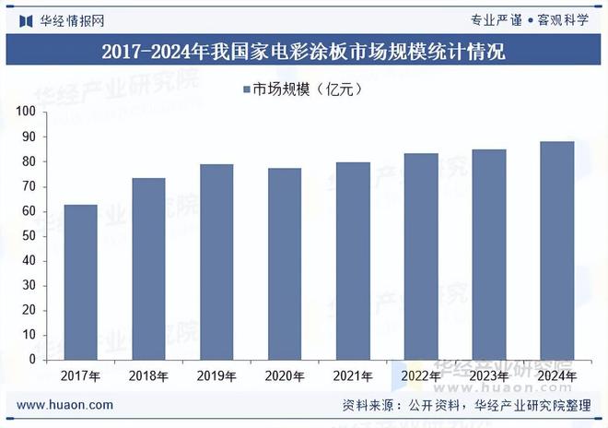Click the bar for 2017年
click(80, 282)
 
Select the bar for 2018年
click(148, 268)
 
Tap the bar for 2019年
click(216, 262)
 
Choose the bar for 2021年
click(353, 261)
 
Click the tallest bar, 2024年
click(556, 251)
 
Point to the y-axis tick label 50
click(29, 236)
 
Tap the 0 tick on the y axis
click(31, 360)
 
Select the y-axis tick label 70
click(29, 186)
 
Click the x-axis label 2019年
click(216, 376)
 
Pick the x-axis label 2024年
click(556, 376)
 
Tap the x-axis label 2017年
click(80, 376)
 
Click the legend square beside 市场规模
click(247, 89)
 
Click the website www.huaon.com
click(65, 405)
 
